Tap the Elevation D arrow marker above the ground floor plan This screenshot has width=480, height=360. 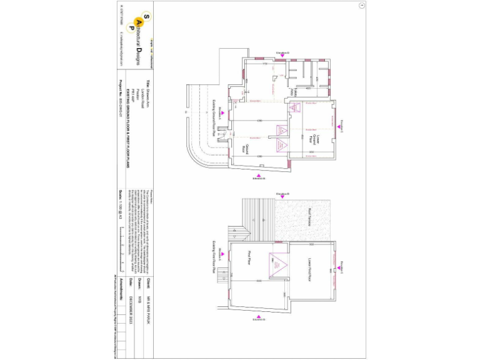[283, 55]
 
